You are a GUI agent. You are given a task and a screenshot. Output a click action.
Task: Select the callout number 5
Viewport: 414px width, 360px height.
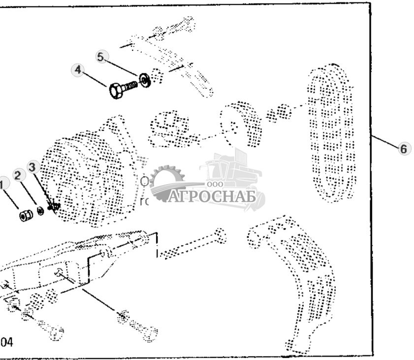(x=101, y=57)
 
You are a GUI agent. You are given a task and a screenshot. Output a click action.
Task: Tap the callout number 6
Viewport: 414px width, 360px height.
(x=403, y=148)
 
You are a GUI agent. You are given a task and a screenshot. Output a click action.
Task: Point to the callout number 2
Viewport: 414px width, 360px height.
(x=18, y=175)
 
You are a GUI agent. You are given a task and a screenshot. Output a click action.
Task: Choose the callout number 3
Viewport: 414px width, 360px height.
(x=32, y=167)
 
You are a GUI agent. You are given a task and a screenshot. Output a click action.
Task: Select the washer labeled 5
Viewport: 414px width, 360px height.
(x=145, y=79)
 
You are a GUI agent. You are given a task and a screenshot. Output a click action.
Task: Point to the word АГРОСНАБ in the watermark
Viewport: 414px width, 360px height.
(x=212, y=197)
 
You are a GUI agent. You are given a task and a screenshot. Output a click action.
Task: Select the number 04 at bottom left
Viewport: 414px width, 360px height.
(x=6, y=341)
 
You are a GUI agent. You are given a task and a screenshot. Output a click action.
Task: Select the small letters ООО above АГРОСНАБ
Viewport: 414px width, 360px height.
(x=215, y=184)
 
